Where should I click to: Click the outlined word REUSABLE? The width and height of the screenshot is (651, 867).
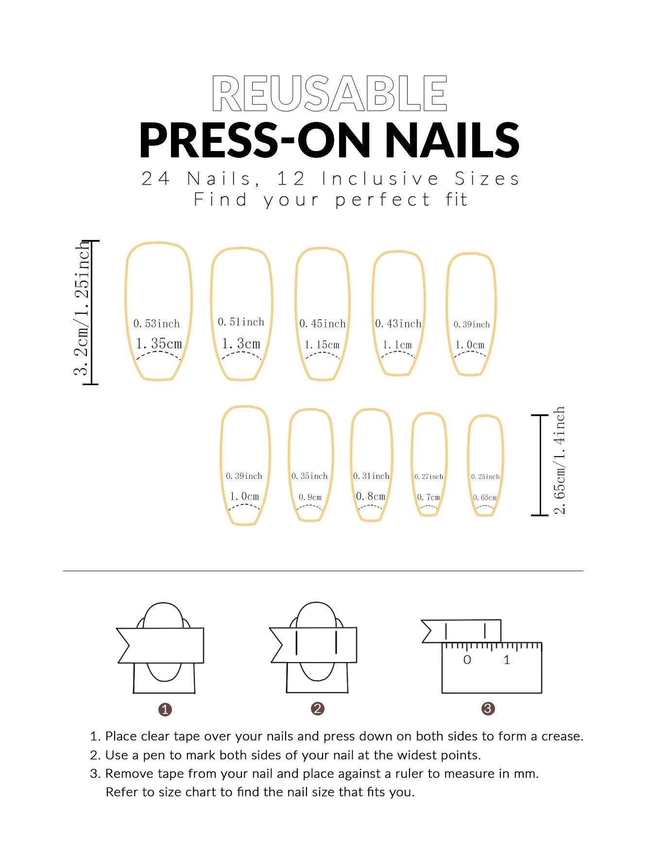[329, 93]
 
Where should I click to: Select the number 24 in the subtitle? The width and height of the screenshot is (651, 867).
[155, 179]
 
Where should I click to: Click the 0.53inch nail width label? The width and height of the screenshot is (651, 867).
[156, 323]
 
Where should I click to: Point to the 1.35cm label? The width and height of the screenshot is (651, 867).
[158, 343]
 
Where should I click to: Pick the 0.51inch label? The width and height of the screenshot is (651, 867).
[241, 322]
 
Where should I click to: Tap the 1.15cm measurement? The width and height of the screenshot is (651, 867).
[322, 345]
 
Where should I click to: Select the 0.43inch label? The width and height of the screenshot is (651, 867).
[398, 323]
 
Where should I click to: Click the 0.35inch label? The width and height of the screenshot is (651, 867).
[309, 476]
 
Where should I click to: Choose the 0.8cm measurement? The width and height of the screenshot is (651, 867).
[370, 496]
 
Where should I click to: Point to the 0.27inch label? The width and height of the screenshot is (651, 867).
[428, 477]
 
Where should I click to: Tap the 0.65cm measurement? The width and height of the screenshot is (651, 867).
[484, 498]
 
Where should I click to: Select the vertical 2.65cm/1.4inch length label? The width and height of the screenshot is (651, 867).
[560, 460]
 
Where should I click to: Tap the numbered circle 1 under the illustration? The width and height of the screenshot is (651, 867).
[165, 710]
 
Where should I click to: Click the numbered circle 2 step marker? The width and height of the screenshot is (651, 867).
[317, 709]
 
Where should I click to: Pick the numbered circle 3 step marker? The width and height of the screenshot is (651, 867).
[488, 709]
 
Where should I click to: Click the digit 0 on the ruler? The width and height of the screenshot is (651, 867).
[467, 660]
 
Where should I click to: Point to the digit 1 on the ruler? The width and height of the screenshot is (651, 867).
[507, 660]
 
